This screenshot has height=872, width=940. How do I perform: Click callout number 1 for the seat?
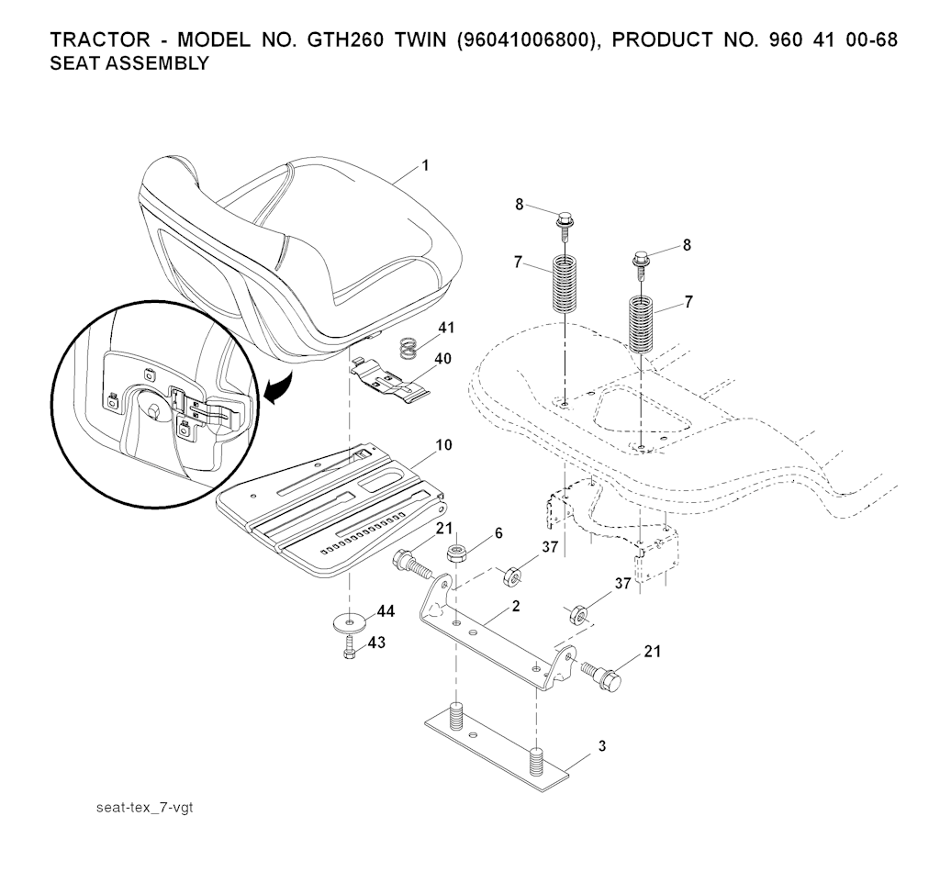pyautogui.click(x=426, y=165)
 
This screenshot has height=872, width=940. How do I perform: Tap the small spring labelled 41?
pyautogui.click(x=408, y=348)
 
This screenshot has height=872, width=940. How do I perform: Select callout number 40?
pyautogui.click(x=442, y=358)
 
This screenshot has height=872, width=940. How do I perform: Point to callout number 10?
pyautogui.click(x=443, y=445)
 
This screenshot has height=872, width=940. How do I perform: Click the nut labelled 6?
pyautogui.click(x=458, y=553)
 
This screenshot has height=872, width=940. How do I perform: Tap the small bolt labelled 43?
pyautogui.click(x=350, y=647)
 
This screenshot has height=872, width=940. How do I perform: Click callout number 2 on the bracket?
pyautogui.click(x=516, y=606)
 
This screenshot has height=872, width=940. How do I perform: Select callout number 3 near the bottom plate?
pyautogui.click(x=602, y=746)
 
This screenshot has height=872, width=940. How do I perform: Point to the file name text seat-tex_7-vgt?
pyautogui.click(x=145, y=807)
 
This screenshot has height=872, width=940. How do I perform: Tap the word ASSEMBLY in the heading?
pyautogui.click(x=158, y=63)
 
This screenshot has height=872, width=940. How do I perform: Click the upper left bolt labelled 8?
pyautogui.click(x=564, y=226)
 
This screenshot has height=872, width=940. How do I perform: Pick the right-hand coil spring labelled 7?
pyautogui.click(x=642, y=324)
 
